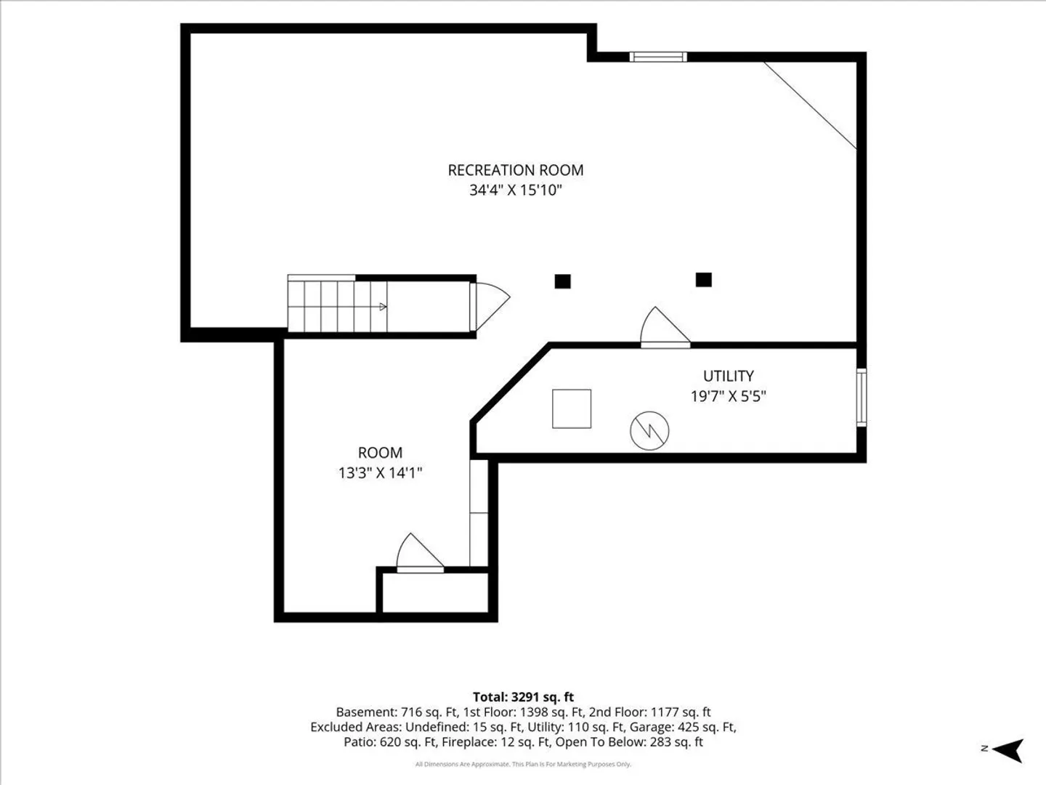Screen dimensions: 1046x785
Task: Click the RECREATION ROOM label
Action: pos(516,170)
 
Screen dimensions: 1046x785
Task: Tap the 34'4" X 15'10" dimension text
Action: pos(516,190)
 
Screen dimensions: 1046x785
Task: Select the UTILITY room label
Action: pos(728,376)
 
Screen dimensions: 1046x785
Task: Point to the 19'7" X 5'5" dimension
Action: pos(728,396)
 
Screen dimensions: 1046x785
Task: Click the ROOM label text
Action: pos(380,452)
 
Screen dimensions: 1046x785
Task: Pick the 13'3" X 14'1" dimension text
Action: pos(380,472)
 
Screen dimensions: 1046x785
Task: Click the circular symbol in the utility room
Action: pos(649,430)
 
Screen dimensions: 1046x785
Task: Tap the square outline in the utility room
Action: pos(572,408)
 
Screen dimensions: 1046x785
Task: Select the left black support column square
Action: pos(562,281)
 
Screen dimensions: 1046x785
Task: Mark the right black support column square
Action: pos(703,279)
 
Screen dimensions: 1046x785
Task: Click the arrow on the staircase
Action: pos(383,307)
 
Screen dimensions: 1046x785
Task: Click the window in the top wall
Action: pos(658,57)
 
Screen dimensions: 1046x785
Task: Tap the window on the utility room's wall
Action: pos(861,397)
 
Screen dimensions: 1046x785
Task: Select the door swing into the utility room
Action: pos(665,327)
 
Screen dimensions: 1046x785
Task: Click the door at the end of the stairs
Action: pos(490,306)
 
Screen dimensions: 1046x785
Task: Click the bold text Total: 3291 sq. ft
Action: pos(523,697)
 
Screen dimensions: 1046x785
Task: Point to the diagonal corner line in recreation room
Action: pos(810,105)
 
